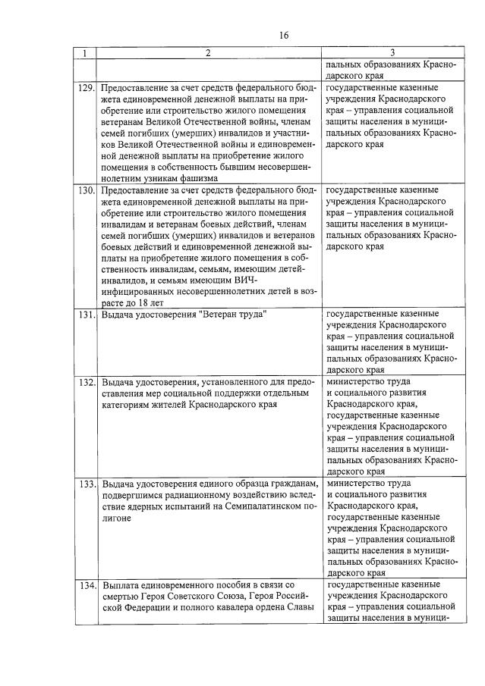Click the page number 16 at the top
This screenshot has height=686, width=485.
[283, 36]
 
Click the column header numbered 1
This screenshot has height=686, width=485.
[85, 54]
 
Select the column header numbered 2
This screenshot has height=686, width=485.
[207, 54]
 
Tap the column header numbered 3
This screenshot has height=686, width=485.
[391, 54]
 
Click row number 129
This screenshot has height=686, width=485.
[86, 89]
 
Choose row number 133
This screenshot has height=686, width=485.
[86, 483]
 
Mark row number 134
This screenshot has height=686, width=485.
[86, 586]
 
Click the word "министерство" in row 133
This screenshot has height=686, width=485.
[355, 483]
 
